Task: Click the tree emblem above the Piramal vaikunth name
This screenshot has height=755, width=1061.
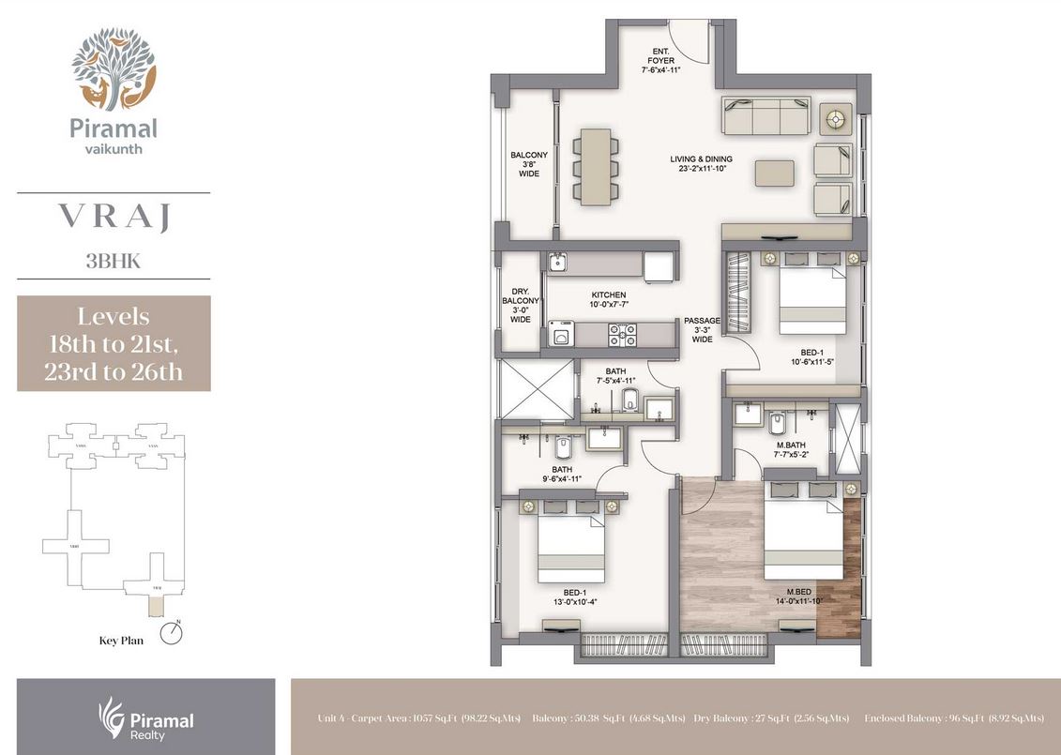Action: (114, 68)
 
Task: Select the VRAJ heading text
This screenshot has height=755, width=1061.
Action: (114, 218)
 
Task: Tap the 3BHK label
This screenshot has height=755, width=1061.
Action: (114, 262)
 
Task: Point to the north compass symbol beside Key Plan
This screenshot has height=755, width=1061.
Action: (171, 633)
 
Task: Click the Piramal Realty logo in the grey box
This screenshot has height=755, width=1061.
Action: (146, 717)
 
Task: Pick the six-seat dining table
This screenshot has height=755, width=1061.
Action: (596, 167)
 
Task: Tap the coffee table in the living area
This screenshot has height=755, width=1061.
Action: (774, 173)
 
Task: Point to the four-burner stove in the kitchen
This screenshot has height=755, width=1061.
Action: (622, 334)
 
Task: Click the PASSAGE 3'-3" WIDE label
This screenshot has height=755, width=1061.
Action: (702, 330)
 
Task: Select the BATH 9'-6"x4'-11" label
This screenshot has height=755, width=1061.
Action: (561, 475)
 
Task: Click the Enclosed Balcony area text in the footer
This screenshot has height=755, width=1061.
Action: (953, 718)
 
